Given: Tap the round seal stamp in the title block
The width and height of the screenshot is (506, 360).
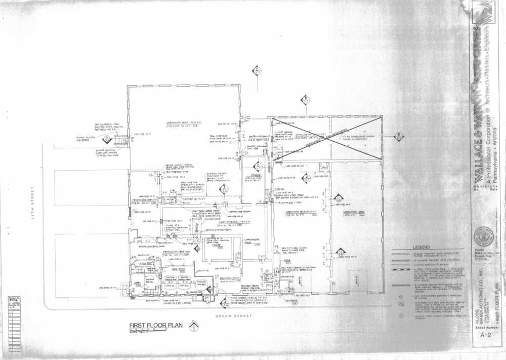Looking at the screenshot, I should (x=484, y=235).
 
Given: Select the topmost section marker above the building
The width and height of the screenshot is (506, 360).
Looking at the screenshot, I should (x=257, y=70).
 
